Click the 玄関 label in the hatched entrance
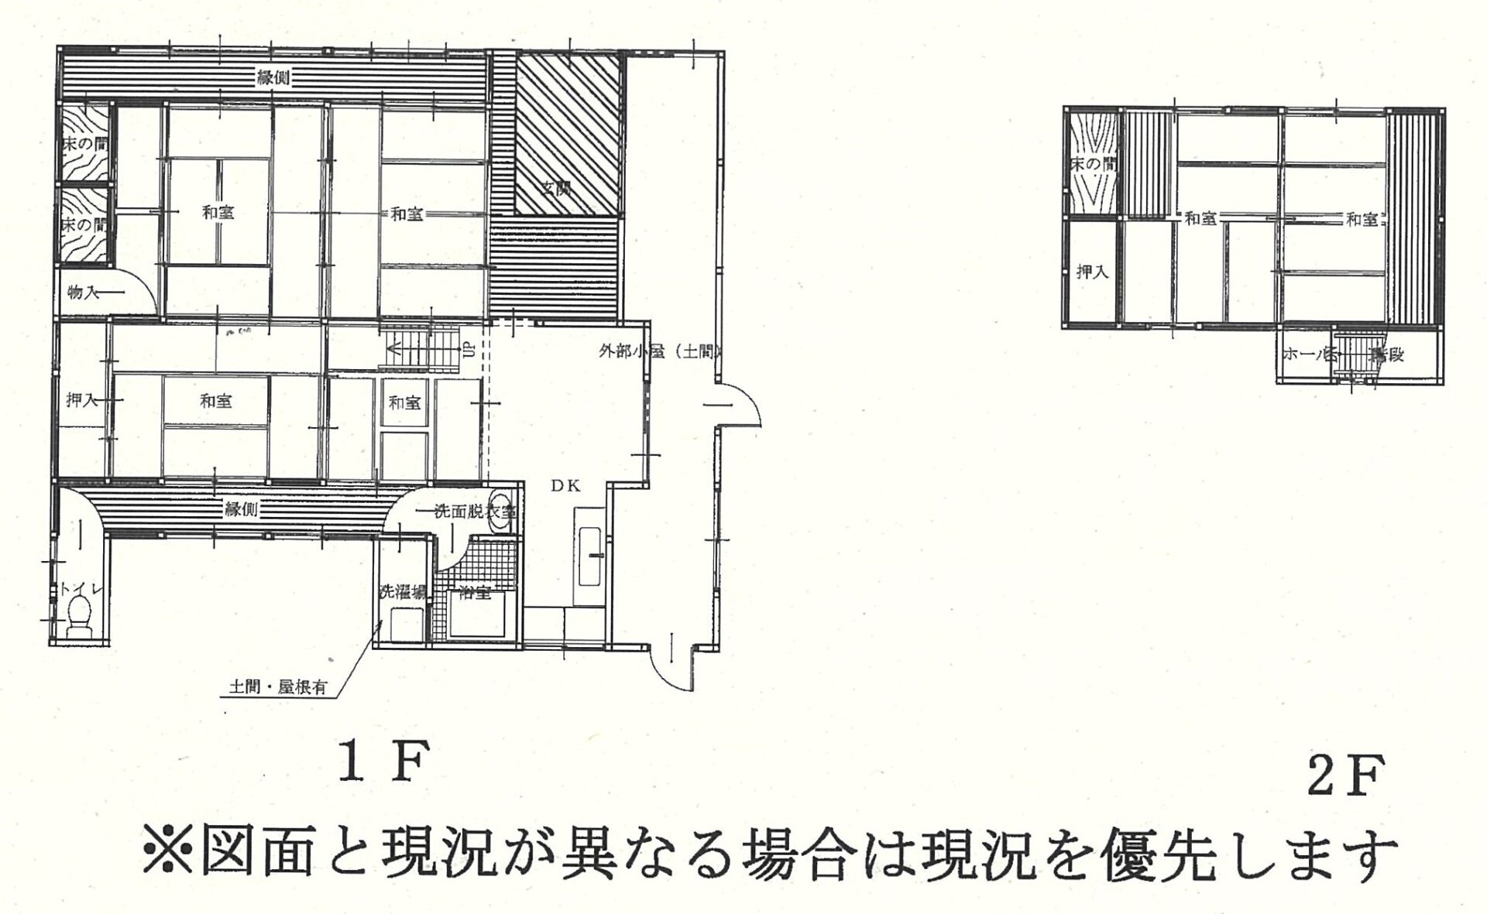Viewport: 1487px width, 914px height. pos(555,187)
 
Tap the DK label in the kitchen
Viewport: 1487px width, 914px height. pos(566,485)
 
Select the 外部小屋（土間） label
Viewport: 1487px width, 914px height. pos(660,351)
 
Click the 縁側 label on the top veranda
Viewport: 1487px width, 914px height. pos(273,77)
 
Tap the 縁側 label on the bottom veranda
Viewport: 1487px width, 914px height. pos(242,508)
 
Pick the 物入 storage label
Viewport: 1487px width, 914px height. pos(83,292)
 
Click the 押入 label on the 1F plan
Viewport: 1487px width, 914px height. pos(81,400)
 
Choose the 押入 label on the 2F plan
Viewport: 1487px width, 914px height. pos(1092,272)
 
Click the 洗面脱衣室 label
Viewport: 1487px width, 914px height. pos(475,511)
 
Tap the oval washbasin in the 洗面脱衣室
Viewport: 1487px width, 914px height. pos(501,512)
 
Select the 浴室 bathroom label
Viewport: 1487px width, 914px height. pos(475,594)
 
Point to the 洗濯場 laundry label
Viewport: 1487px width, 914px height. pos(403,593)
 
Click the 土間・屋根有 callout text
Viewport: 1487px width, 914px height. pos(277,686)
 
